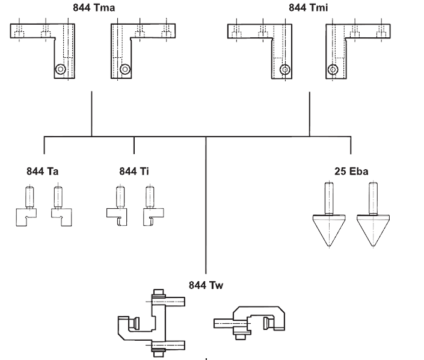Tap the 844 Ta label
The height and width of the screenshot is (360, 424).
(42, 172)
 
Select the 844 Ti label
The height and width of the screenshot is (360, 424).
(134, 172)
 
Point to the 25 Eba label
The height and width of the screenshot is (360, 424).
(351, 172)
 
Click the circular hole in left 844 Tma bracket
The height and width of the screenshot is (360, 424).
(60, 69)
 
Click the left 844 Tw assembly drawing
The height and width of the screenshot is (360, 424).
(153, 322)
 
